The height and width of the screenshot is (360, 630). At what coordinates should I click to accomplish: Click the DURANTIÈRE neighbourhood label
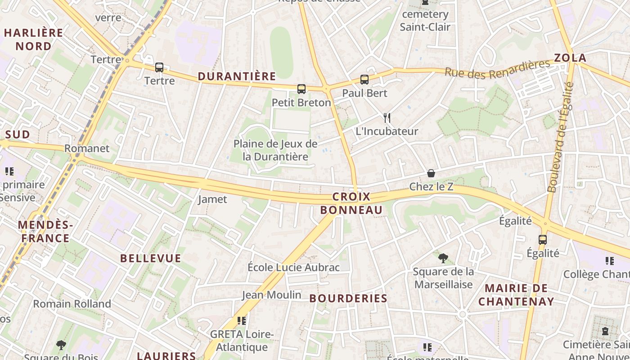click(237, 76)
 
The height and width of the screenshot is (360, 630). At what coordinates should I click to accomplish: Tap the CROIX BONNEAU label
click(351, 203)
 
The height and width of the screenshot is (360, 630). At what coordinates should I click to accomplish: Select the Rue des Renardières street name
click(497, 68)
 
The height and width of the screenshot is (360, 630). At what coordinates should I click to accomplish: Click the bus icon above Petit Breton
click(301, 89)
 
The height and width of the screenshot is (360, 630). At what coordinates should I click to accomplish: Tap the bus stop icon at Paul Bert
click(364, 80)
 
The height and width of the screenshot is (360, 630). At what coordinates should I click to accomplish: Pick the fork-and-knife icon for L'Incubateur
click(387, 118)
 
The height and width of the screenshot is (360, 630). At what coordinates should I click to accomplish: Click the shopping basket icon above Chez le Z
click(431, 173)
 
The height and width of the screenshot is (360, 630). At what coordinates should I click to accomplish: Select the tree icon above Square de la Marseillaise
click(443, 258)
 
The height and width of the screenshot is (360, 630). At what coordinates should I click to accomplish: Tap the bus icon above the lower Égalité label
click(543, 239)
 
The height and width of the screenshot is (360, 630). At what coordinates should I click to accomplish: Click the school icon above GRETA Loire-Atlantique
click(242, 320)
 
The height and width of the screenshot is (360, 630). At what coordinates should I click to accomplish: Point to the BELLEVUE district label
click(151, 258)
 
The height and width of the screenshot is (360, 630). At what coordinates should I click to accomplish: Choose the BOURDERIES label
click(348, 298)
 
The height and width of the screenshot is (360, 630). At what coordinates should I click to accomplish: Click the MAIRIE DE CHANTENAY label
click(516, 295)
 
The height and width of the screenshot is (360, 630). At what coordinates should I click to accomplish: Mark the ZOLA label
click(570, 58)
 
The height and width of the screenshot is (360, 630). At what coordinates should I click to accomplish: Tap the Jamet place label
click(212, 199)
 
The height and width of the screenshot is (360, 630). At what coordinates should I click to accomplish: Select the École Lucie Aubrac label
click(293, 267)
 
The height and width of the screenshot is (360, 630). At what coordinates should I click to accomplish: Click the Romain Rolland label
click(72, 304)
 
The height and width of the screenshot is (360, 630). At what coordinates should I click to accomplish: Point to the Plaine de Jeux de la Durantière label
click(275, 150)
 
